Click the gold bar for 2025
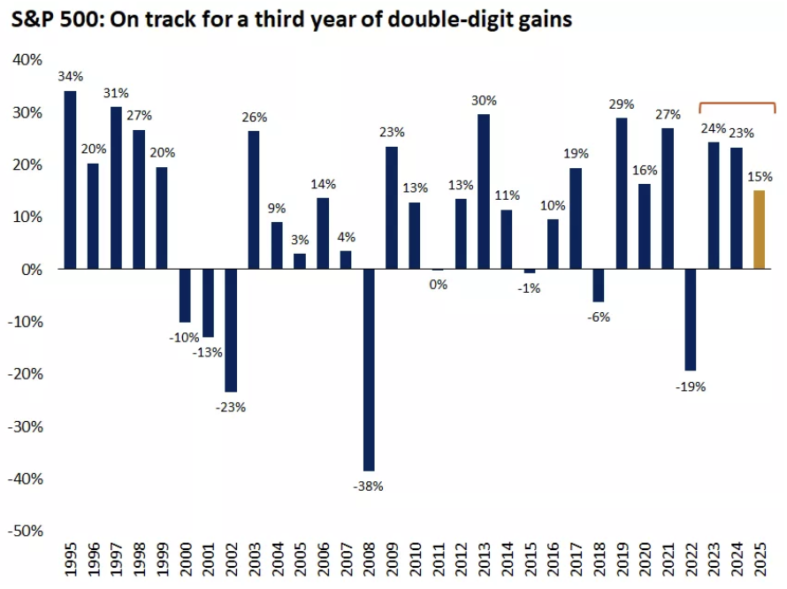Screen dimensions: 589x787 (x=759, y=229)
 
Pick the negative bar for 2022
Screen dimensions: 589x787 (x=690, y=319)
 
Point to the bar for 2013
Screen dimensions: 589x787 (x=483, y=191)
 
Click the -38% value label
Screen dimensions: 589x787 (x=369, y=486)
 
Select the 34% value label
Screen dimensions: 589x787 (x=70, y=76)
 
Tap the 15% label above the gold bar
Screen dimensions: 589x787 (x=759, y=175)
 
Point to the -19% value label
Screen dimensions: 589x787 (x=690, y=386)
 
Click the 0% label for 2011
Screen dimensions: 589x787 (x=438, y=285)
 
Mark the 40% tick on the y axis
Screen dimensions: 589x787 (x=27, y=59)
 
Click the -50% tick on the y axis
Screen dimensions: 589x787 (x=25, y=531)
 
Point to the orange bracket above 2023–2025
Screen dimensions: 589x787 (x=737, y=104)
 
